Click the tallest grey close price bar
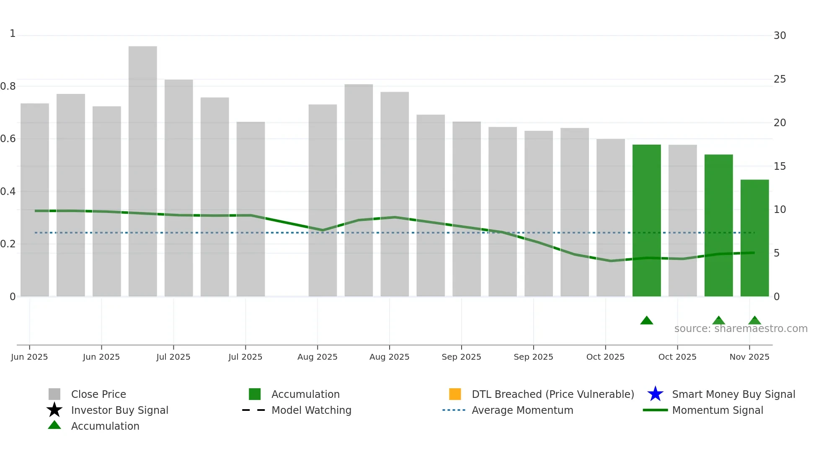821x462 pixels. pos(142,172)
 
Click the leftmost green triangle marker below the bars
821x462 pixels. pos(646,321)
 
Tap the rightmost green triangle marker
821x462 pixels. pos(754,321)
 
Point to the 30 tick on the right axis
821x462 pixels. pos(780,36)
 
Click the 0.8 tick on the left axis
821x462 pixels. pos(8,86)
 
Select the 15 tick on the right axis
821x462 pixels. pos(780,166)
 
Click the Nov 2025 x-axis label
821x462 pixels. pos(749,357)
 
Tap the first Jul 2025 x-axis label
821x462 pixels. pos(173,357)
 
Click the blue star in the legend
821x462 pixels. pos(655,394)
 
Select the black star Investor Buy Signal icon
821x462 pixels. pos(54,410)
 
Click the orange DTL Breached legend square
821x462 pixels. pos(455,394)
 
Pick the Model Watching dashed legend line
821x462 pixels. pos(254,410)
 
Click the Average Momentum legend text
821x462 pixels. pos(522,410)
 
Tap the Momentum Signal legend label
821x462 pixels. pos(718,410)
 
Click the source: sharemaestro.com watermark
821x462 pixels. pos(741,329)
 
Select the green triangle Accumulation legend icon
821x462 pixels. pos(54,425)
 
